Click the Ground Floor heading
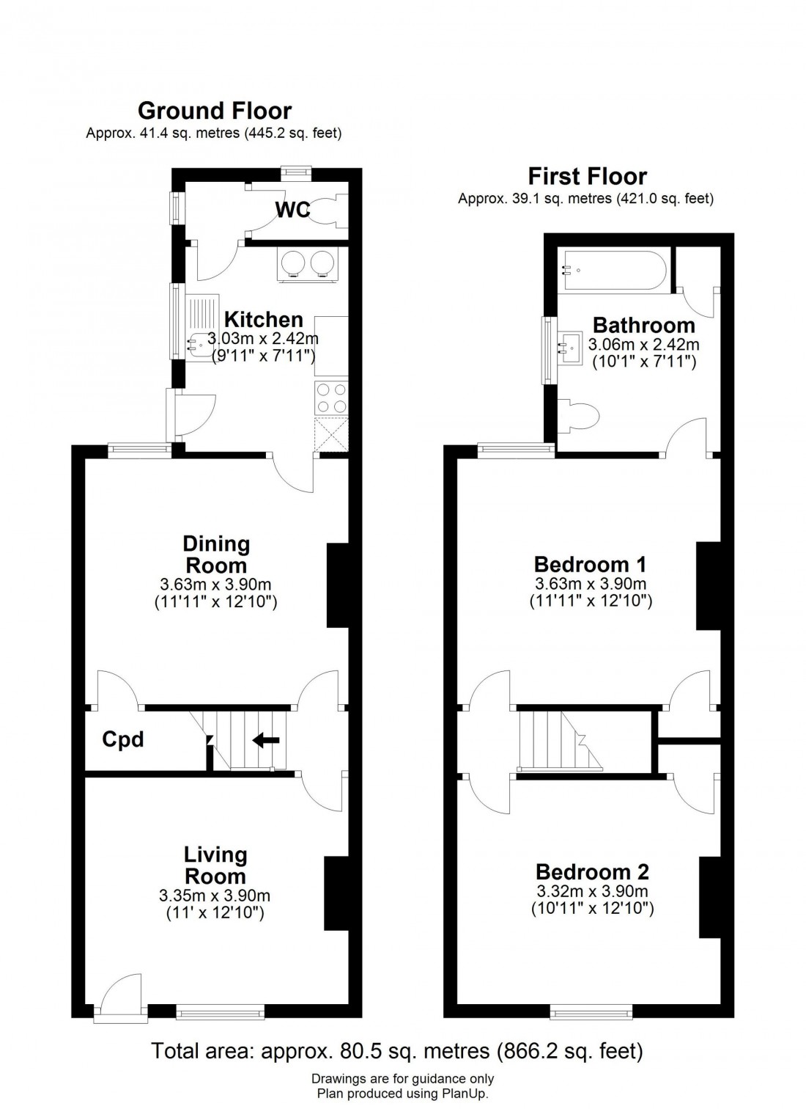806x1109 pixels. [214, 111]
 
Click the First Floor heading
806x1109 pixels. [587, 177]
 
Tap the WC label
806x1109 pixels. [292, 211]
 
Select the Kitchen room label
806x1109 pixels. [263, 320]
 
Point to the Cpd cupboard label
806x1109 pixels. [122, 739]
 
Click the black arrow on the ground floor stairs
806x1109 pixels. [266, 740]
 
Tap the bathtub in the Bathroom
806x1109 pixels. [613, 271]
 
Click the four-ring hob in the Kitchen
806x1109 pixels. [331, 398]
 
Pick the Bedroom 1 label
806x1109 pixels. [590, 564]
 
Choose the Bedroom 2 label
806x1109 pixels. [592, 872]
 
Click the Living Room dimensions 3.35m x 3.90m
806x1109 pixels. [214, 896]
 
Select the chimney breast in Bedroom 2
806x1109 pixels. [709, 897]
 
